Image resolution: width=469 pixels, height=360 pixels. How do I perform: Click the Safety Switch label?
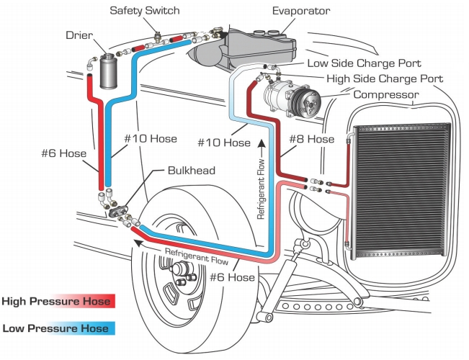146,11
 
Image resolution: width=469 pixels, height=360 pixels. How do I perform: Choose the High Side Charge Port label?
385,78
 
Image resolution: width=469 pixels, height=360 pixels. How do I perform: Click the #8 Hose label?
311,138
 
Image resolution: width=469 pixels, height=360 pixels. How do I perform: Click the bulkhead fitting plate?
117,209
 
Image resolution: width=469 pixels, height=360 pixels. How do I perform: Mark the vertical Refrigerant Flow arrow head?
261,148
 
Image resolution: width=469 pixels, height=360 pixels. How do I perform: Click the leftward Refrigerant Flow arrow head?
137,243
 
